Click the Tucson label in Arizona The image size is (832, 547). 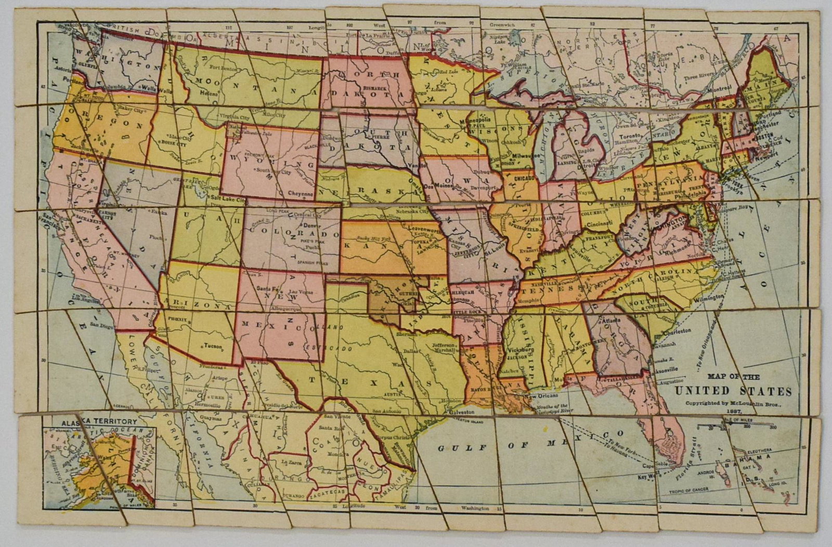[x=212, y=346]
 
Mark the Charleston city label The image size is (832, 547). [x=675, y=330]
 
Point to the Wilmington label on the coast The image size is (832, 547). [x=708, y=297]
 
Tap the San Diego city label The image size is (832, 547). [x=101, y=325]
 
